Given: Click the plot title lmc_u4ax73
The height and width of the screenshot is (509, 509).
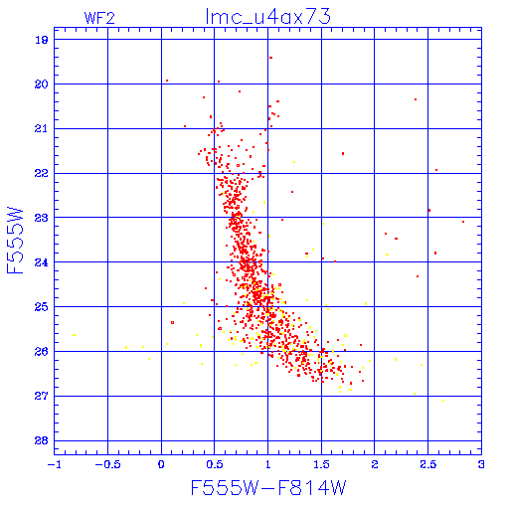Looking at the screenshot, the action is [x=267, y=16].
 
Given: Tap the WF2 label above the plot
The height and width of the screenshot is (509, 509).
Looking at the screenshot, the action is [x=99, y=18].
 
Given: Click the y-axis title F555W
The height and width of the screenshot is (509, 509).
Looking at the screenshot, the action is [x=15, y=241].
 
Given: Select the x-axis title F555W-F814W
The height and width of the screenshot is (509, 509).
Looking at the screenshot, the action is [x=268, y=487].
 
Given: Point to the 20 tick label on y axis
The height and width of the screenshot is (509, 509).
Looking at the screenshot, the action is [x=41, y=85].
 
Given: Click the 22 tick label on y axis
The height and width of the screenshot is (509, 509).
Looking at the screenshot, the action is [x=41, y=173].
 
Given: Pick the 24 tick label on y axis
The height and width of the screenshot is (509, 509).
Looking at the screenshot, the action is [x=41, y=262].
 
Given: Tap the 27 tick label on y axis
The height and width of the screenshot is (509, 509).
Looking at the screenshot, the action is [x=41, y=396].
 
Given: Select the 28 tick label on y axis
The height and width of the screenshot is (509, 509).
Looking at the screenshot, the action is [x=41, y=440].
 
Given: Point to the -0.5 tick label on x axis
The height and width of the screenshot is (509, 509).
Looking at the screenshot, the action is [x=107, y=464].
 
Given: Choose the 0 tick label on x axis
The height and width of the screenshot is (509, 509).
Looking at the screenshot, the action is [x=161, y=464].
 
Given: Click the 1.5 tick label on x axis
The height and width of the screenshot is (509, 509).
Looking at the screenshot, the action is [x=321, y=464].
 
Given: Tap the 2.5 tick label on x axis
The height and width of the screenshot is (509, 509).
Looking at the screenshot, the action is [x=427, y=464].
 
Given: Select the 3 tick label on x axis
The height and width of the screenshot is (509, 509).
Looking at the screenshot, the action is [x=481, y=464].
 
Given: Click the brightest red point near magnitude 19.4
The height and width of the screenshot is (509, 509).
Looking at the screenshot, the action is [x=270, y=58].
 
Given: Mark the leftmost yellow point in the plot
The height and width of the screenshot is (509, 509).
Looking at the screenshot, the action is [x=74, y=335].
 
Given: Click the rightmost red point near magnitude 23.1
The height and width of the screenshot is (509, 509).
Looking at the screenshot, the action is [x=463, y=222].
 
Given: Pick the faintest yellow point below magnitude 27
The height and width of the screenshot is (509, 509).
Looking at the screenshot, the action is [x=443, y=401].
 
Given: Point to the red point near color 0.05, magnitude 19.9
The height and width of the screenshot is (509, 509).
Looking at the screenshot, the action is [x=167, y=81].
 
